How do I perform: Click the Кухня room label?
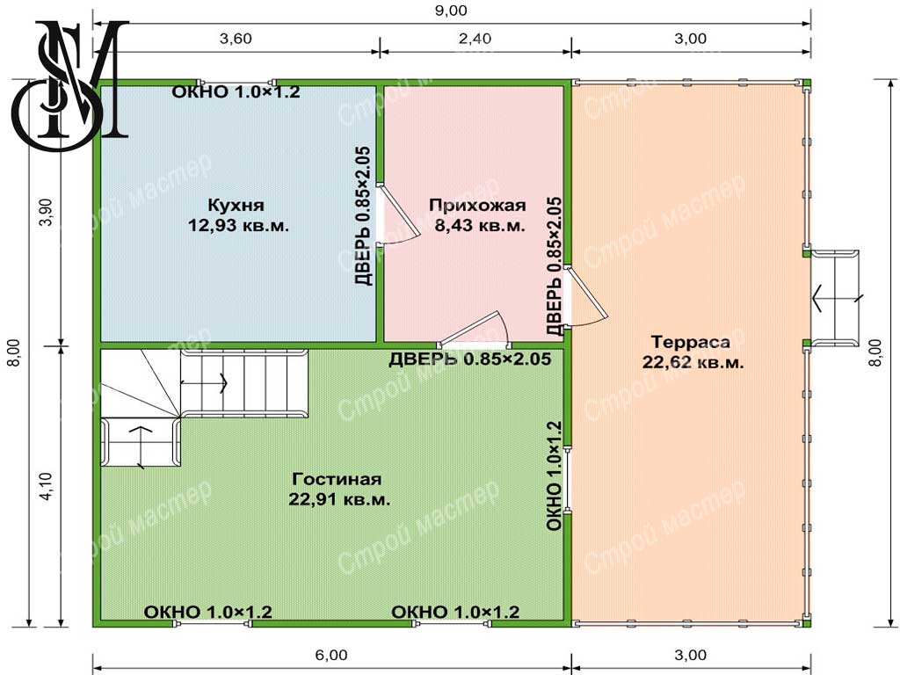pyautogui.click(x=236, y=205)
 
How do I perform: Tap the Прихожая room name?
pyautogui.click(x=477, y=205)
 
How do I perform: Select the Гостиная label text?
pyautogui.click(x=337, y=479)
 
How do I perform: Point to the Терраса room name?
pyautogui.click(x=691, y=342)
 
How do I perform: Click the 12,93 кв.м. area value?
pyautogui.click(x=238, y=225)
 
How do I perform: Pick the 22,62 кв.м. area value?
pyautogui.click(x=693, y=363)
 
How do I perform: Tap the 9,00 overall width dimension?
pyautogui.click(x=451, y=11)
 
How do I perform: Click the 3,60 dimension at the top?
pyautogui.click(x=236, y=39)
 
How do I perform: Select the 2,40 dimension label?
pyautogui.click(x=475, y=39)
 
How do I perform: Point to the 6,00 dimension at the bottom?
pyautogui.click(x=331, y=655)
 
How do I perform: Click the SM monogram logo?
pyautogui.click(x=69, y=85)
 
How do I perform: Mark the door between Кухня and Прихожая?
pyautogui.click(x=396, y=215)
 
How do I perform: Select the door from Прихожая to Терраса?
pyautogui.click(x=584, y=297)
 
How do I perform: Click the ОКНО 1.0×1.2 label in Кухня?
pyautogui.click(x=236, y=91)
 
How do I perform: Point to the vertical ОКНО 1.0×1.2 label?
pyautogui.click(x=554, y=475)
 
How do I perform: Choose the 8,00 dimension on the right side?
pyautogui.click(x=876, y=352)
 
